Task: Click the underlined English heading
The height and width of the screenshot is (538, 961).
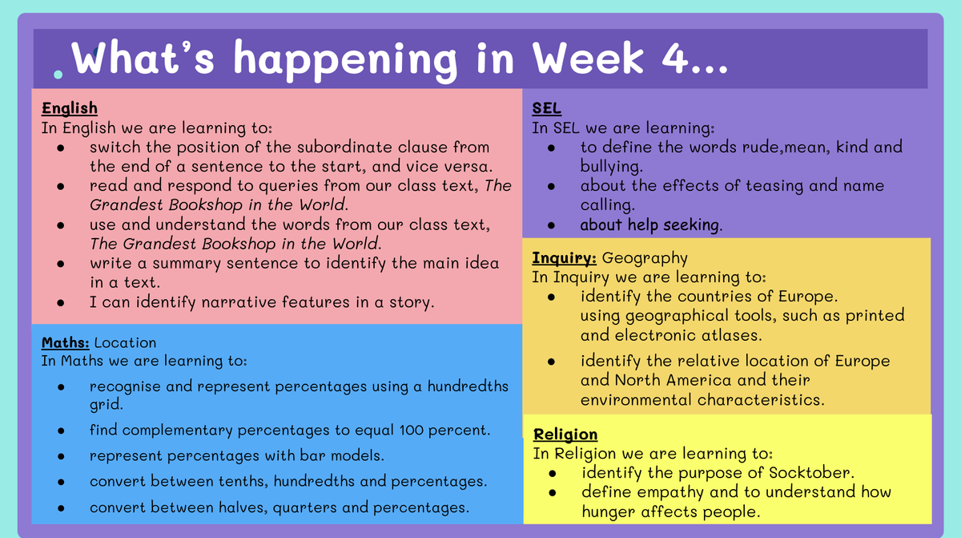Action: (70, 108)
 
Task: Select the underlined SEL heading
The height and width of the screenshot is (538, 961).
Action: (546, 108)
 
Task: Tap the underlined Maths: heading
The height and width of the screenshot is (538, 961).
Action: (65, 342)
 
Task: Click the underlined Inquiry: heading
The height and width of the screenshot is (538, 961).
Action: (564, 257)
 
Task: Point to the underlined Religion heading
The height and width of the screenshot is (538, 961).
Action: (565, 434)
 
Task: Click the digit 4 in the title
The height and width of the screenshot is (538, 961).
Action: (675, 59)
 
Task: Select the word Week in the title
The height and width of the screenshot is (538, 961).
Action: (588, 58)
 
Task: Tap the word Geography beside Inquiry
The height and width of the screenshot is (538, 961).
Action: (645, 258)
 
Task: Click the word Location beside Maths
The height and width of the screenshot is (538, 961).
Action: (125, 342)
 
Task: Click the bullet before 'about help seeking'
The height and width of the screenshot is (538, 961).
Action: (551, 225)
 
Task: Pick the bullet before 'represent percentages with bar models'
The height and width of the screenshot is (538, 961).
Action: (61, 456)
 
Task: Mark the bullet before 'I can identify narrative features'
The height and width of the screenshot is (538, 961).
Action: (61, 303)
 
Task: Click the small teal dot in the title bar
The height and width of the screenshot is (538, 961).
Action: (58, 75)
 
